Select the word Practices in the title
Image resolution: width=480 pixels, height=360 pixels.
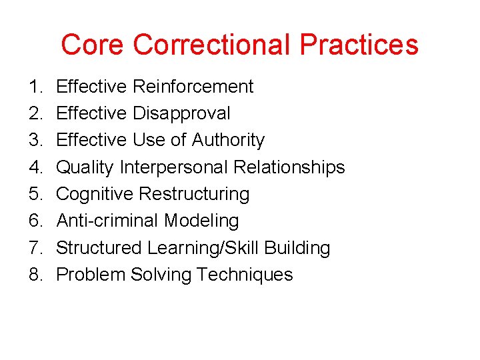coord(359,45)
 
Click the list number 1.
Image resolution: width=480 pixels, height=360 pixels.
coord(35,87)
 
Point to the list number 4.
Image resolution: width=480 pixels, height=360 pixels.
coord(35,167)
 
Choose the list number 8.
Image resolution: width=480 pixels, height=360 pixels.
coord(35,275)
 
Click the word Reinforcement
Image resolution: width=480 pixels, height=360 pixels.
coord(193,87)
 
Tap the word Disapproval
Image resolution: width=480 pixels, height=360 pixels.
coord(181,113)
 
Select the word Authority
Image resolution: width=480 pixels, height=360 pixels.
coord(228,140)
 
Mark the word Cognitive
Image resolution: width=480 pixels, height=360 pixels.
coord(95,194)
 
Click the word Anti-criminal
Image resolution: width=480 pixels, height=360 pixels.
coord(107,221)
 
